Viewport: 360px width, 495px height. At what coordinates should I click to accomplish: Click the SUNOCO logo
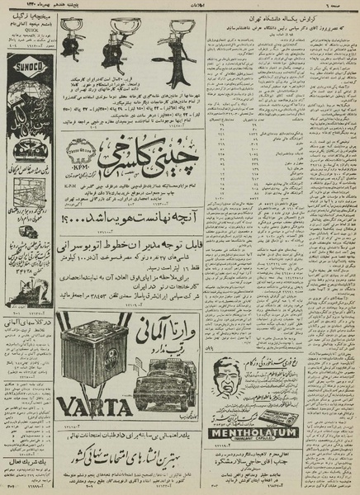[x=23, y=59]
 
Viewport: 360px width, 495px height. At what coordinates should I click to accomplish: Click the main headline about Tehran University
[x=291, y=17]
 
